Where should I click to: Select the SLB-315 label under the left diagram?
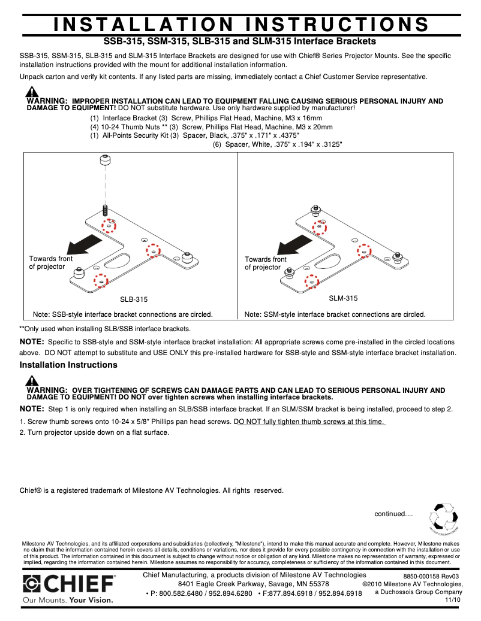134,299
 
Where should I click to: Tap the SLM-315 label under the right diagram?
343,298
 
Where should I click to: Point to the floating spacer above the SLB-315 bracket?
105,160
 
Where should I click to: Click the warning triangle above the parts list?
32,92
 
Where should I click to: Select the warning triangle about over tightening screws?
32,381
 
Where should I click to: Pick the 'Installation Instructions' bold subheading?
68,365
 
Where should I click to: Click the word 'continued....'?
393,514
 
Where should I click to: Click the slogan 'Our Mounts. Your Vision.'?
69,599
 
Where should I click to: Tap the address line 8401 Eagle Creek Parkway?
253,584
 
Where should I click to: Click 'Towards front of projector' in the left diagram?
50,263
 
